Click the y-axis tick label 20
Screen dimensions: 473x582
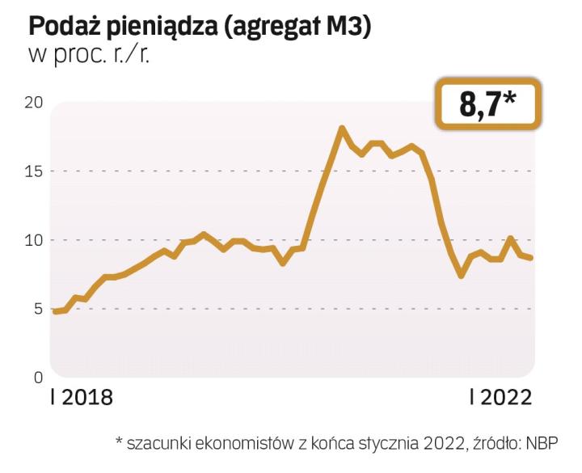[33, 103]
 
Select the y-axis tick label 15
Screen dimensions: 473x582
[33, 171]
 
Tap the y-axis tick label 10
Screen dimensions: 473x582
[33, 240]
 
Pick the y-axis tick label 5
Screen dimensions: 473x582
[38, 309]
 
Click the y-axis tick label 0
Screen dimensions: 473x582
[38, 378]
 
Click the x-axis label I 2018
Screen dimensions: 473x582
[81, 399]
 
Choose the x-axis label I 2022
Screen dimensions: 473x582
[501, 399]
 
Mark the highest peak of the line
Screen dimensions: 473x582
[342, 128]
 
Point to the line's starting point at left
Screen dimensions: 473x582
[54, 311]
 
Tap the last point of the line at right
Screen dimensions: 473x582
[531, 258]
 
